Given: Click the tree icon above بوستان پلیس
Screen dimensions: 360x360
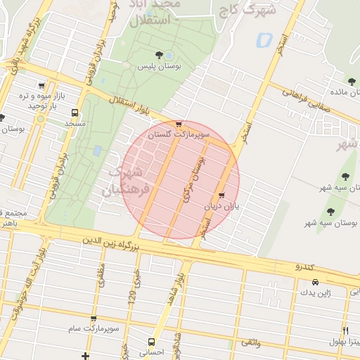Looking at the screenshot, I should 158,54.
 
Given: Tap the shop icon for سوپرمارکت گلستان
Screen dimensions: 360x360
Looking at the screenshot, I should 179,124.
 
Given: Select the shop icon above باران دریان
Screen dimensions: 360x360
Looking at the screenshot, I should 222,195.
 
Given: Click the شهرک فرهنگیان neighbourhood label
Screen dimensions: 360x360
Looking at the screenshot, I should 127,181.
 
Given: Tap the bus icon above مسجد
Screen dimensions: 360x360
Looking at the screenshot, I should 75,112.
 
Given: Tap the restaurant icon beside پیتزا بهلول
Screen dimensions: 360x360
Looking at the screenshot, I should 345,330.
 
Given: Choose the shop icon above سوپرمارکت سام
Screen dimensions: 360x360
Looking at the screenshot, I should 93,319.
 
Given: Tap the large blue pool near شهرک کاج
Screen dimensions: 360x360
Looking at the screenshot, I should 264,39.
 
